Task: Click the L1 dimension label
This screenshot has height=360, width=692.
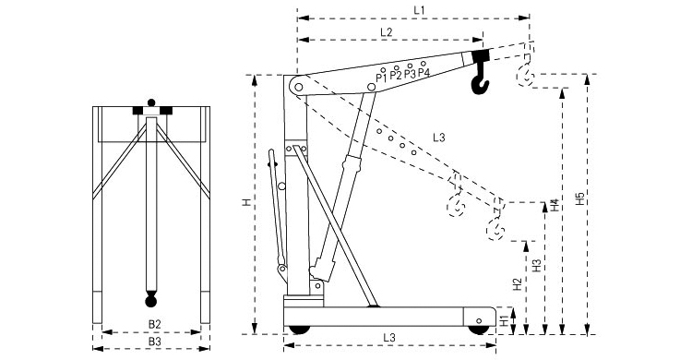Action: [x=419, y=10]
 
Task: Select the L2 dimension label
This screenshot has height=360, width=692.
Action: [x=387, y=31]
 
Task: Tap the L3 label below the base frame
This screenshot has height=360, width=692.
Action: [x=389, y=338]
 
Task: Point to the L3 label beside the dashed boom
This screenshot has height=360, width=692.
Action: [x=438, y=138]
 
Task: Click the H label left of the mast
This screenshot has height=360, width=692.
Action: [x=247, y=202]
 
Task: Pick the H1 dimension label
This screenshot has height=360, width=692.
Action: [x=505, y=321]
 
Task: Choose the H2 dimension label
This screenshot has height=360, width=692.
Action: [x=518, y=284]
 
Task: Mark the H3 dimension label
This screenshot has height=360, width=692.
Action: [x=537, y=265]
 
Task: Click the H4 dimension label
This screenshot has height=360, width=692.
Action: [x=555, y=205]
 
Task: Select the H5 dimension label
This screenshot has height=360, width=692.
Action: [x=580, y=198]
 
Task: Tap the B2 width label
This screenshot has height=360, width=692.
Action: [x=154, y=324]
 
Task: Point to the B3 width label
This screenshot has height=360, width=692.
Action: [x=154, y=341]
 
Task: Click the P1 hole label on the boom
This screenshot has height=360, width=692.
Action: [x=381, y=78]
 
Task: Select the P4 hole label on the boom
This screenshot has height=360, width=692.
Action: [x=424, y=72]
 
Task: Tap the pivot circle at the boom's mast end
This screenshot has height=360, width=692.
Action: [x=299, y=87]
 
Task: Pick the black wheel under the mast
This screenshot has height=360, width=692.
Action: [x=299, y=330]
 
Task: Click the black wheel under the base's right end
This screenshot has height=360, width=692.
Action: [x=479, y=330]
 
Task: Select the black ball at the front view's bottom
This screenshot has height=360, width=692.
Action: [x=151, y=301]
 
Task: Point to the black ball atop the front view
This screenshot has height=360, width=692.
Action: [x=151, y=102]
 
